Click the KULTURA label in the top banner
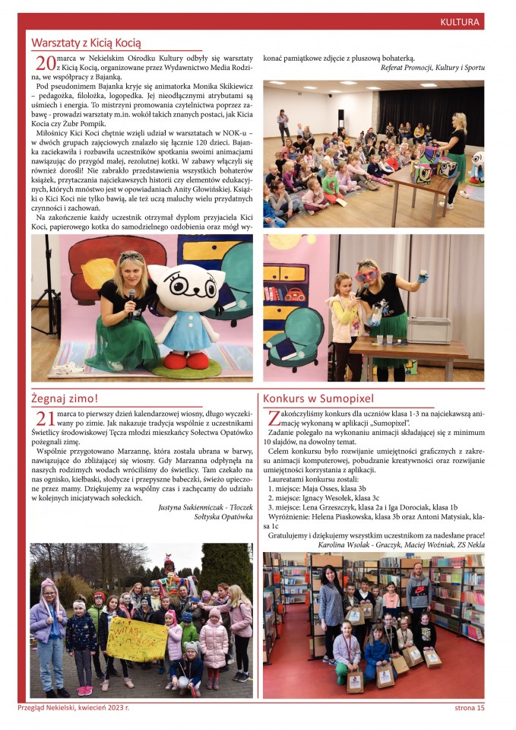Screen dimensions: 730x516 (460, 21)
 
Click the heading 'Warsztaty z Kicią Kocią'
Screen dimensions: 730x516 (86, 43)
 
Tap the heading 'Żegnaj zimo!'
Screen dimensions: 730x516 (65, 398)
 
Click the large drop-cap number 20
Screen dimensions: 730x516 (45, 65)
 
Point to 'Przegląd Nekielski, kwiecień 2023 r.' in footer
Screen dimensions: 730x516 (74, 708)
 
